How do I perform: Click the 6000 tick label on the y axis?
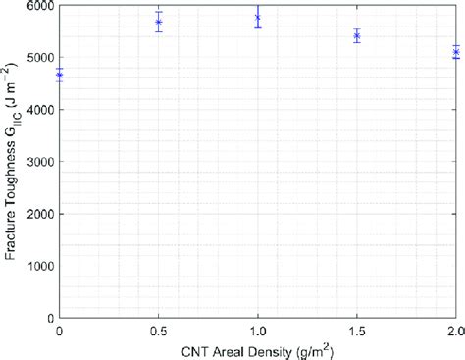click(x=38, y=6)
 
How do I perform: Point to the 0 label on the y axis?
click(x=49, y=318)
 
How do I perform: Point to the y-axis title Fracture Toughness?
click(x=12, y=162)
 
